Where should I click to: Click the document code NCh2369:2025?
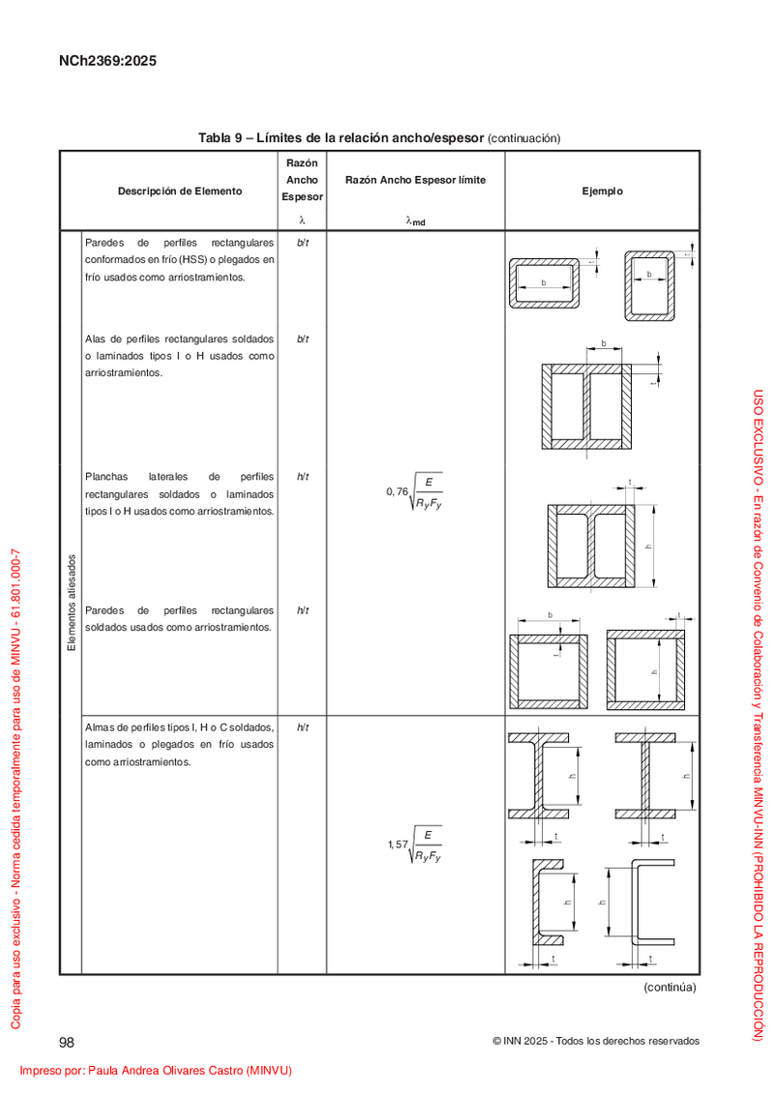(107, 61)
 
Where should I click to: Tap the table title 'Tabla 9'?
(220, 138)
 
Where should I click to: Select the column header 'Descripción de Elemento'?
(180, 192)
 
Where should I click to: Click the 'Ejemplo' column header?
(603, 192)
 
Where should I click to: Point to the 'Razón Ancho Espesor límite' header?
(415, 180)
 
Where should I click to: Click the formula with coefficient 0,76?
(414, 492)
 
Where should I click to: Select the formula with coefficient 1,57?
(414, 844)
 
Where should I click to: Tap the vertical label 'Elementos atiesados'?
(72, 603)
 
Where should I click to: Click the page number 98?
(67, 1043)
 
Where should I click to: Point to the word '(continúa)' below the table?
(670, 987)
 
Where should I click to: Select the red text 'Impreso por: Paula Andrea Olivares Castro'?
(132, 1070)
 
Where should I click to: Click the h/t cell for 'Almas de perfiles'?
(302, 727)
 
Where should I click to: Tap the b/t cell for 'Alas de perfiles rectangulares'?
(302, 340)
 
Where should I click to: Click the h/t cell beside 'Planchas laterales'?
(302, 477)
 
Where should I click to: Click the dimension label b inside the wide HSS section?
(544, 282)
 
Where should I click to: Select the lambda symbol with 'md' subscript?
(415, 221)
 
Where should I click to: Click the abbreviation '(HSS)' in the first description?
(193, 259)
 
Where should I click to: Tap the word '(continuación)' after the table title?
(524, 138)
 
